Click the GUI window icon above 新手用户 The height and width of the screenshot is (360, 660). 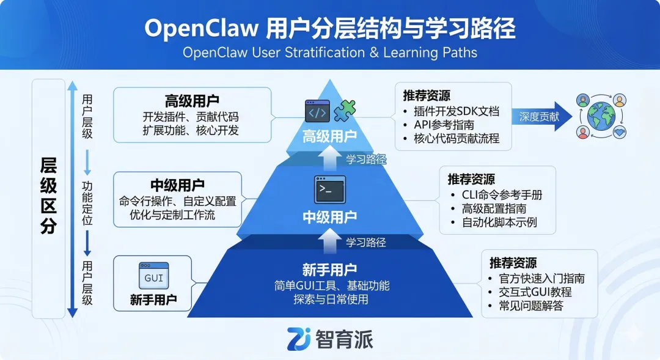[153, 276]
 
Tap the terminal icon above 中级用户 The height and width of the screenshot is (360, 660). [329, 189]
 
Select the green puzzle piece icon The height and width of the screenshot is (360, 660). [344, 111]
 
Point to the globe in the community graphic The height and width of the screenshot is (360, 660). [603, 116]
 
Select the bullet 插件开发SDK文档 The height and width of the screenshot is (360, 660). [457, 111]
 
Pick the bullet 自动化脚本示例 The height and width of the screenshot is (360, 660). [499, 222]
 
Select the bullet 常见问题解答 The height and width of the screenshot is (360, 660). [531, 306]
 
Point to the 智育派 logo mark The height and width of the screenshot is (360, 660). [299, 339]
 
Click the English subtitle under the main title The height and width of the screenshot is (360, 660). [330, 53]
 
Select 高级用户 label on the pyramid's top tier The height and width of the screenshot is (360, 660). [330, 136]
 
